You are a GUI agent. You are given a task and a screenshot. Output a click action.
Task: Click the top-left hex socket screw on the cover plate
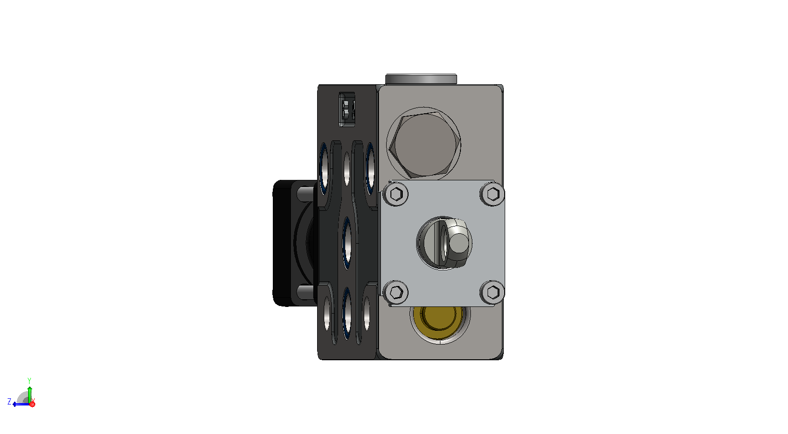396,194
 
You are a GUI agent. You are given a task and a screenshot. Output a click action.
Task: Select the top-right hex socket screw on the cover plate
492,194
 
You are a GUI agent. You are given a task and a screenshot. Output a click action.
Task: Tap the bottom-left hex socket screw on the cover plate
396,292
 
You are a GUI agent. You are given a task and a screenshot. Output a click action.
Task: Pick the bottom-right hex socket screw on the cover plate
492,292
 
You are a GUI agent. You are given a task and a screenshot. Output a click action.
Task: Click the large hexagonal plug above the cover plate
424,144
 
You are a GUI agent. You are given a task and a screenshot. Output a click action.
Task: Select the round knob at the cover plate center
444,243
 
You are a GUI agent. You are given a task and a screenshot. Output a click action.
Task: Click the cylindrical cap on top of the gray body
421,79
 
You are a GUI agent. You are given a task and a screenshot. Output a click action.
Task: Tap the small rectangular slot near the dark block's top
347,109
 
